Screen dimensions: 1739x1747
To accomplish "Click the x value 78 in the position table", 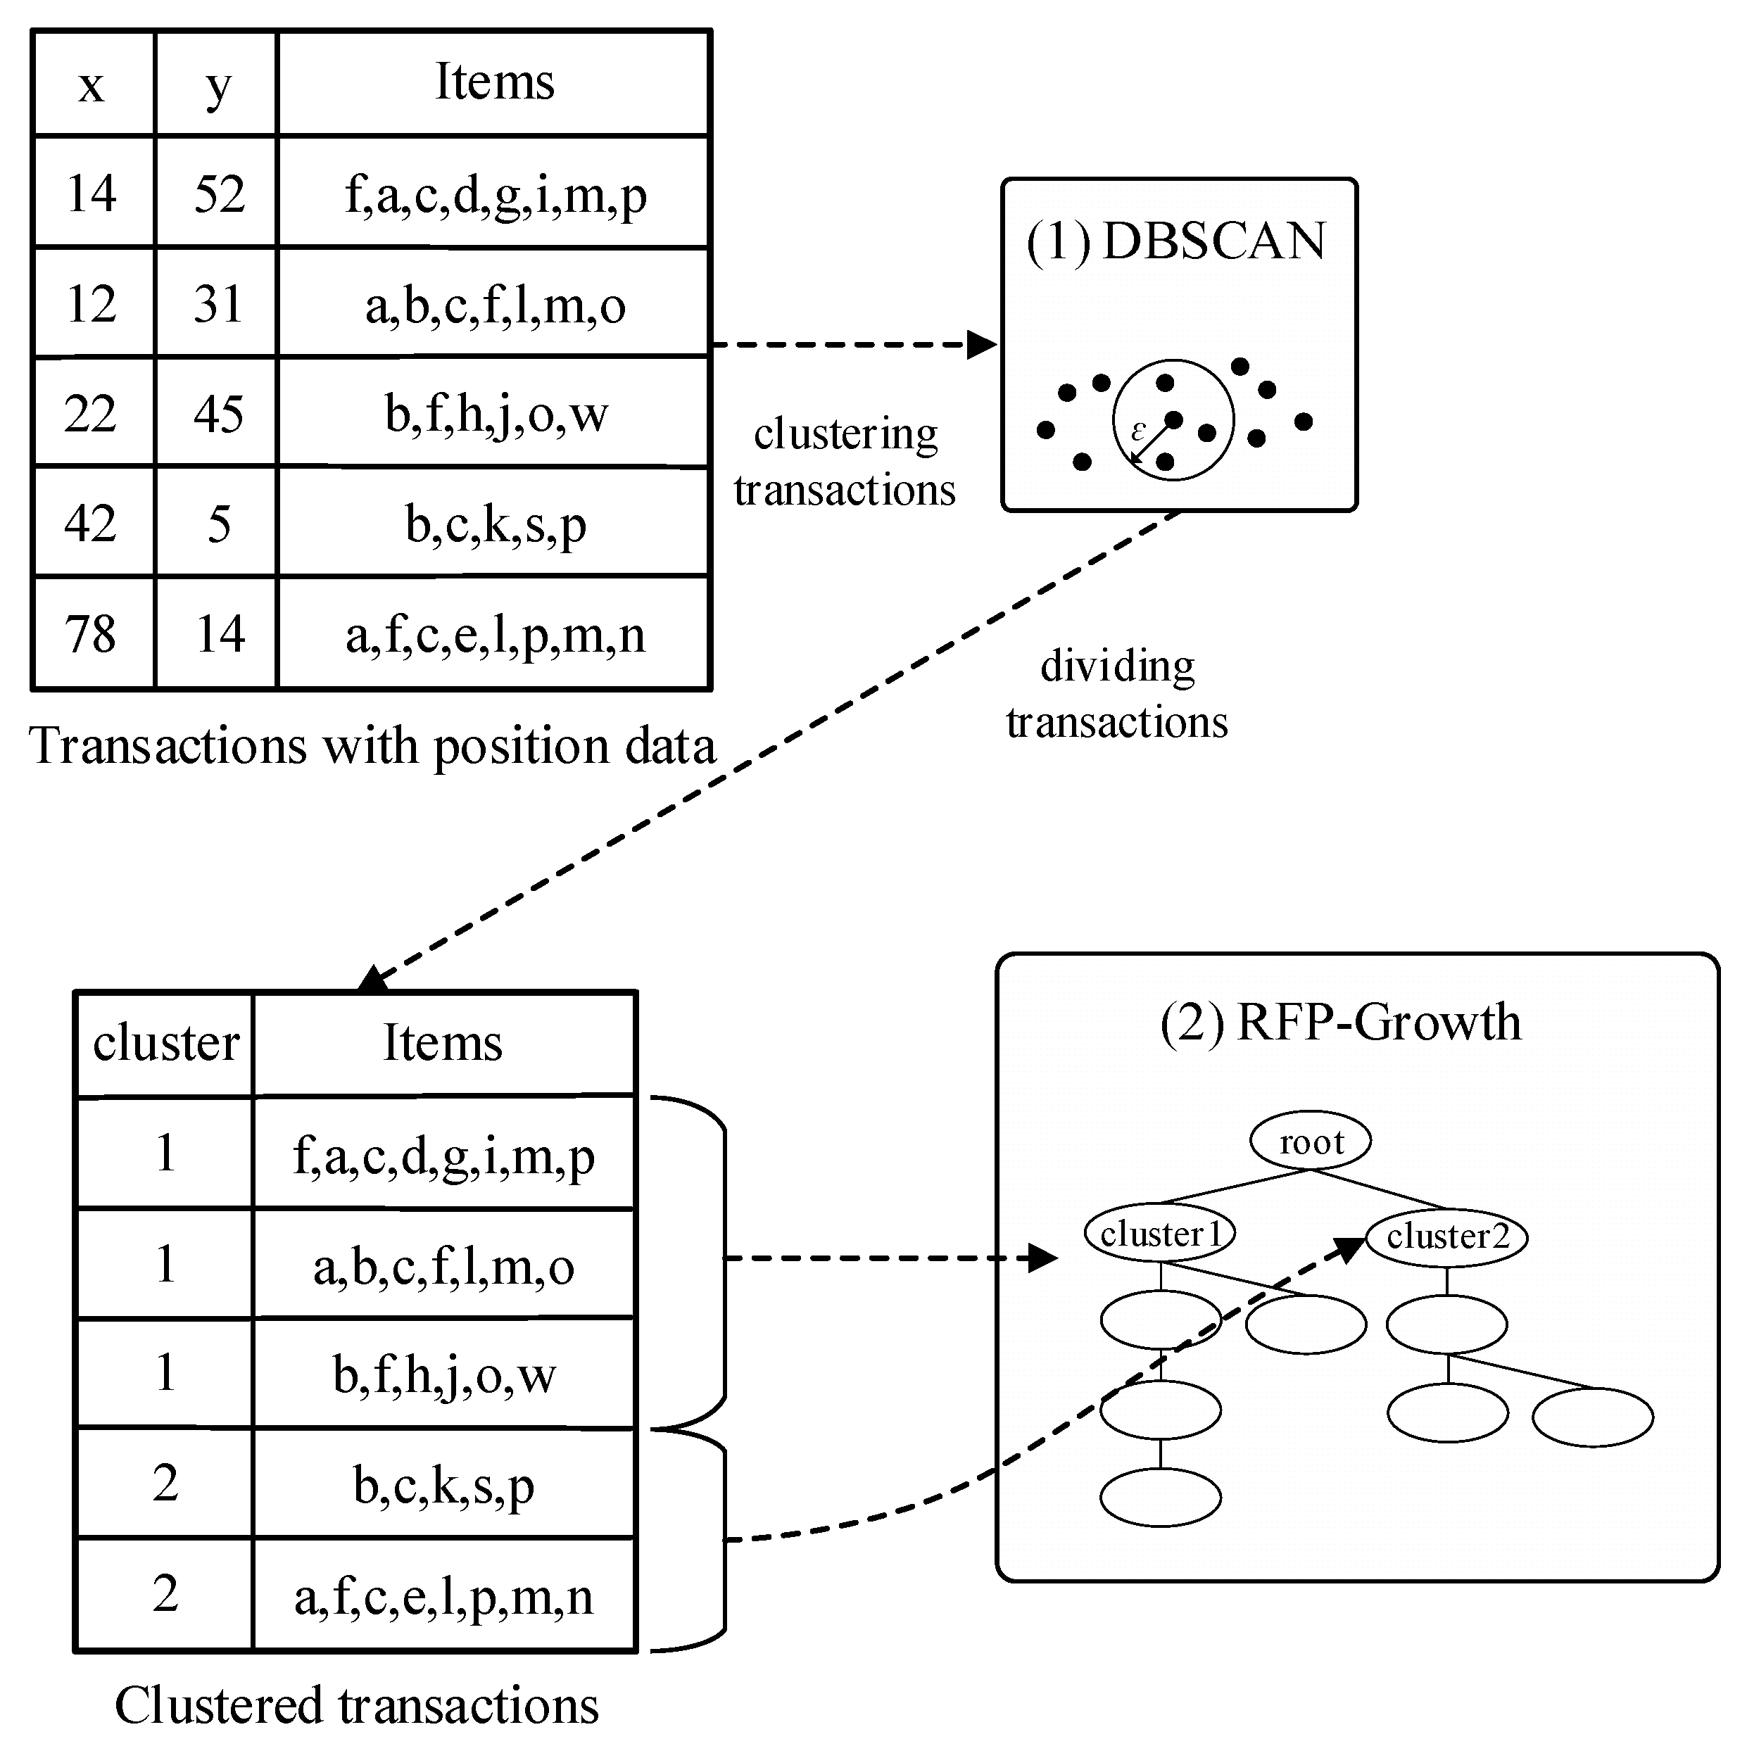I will [x=90, y=634].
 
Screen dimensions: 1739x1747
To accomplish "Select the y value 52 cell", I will [x=219, y=194].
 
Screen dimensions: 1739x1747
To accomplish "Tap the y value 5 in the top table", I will [x=219, y=524].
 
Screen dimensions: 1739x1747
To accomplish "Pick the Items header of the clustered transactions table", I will [x=442, y=1043].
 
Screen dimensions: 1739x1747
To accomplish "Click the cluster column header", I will [x=165, y=1043].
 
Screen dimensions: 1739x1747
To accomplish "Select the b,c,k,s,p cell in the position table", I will [x=495, y=524].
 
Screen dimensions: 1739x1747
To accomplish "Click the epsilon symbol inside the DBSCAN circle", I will [x=1138, y=431].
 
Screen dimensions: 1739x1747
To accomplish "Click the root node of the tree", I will [x=1311, y=1142].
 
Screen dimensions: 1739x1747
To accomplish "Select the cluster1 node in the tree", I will [x=1160, y=1234].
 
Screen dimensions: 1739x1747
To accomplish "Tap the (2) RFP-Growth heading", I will [x=1341, y=1022].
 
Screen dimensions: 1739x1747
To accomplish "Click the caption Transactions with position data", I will [x=372, y=747].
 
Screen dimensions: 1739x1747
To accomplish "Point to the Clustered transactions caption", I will [x=356, y=1705].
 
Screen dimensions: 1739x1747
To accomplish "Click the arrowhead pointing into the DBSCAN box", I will [x=982, y=345].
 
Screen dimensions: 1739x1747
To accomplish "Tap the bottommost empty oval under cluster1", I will [x=1160, y=1498].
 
